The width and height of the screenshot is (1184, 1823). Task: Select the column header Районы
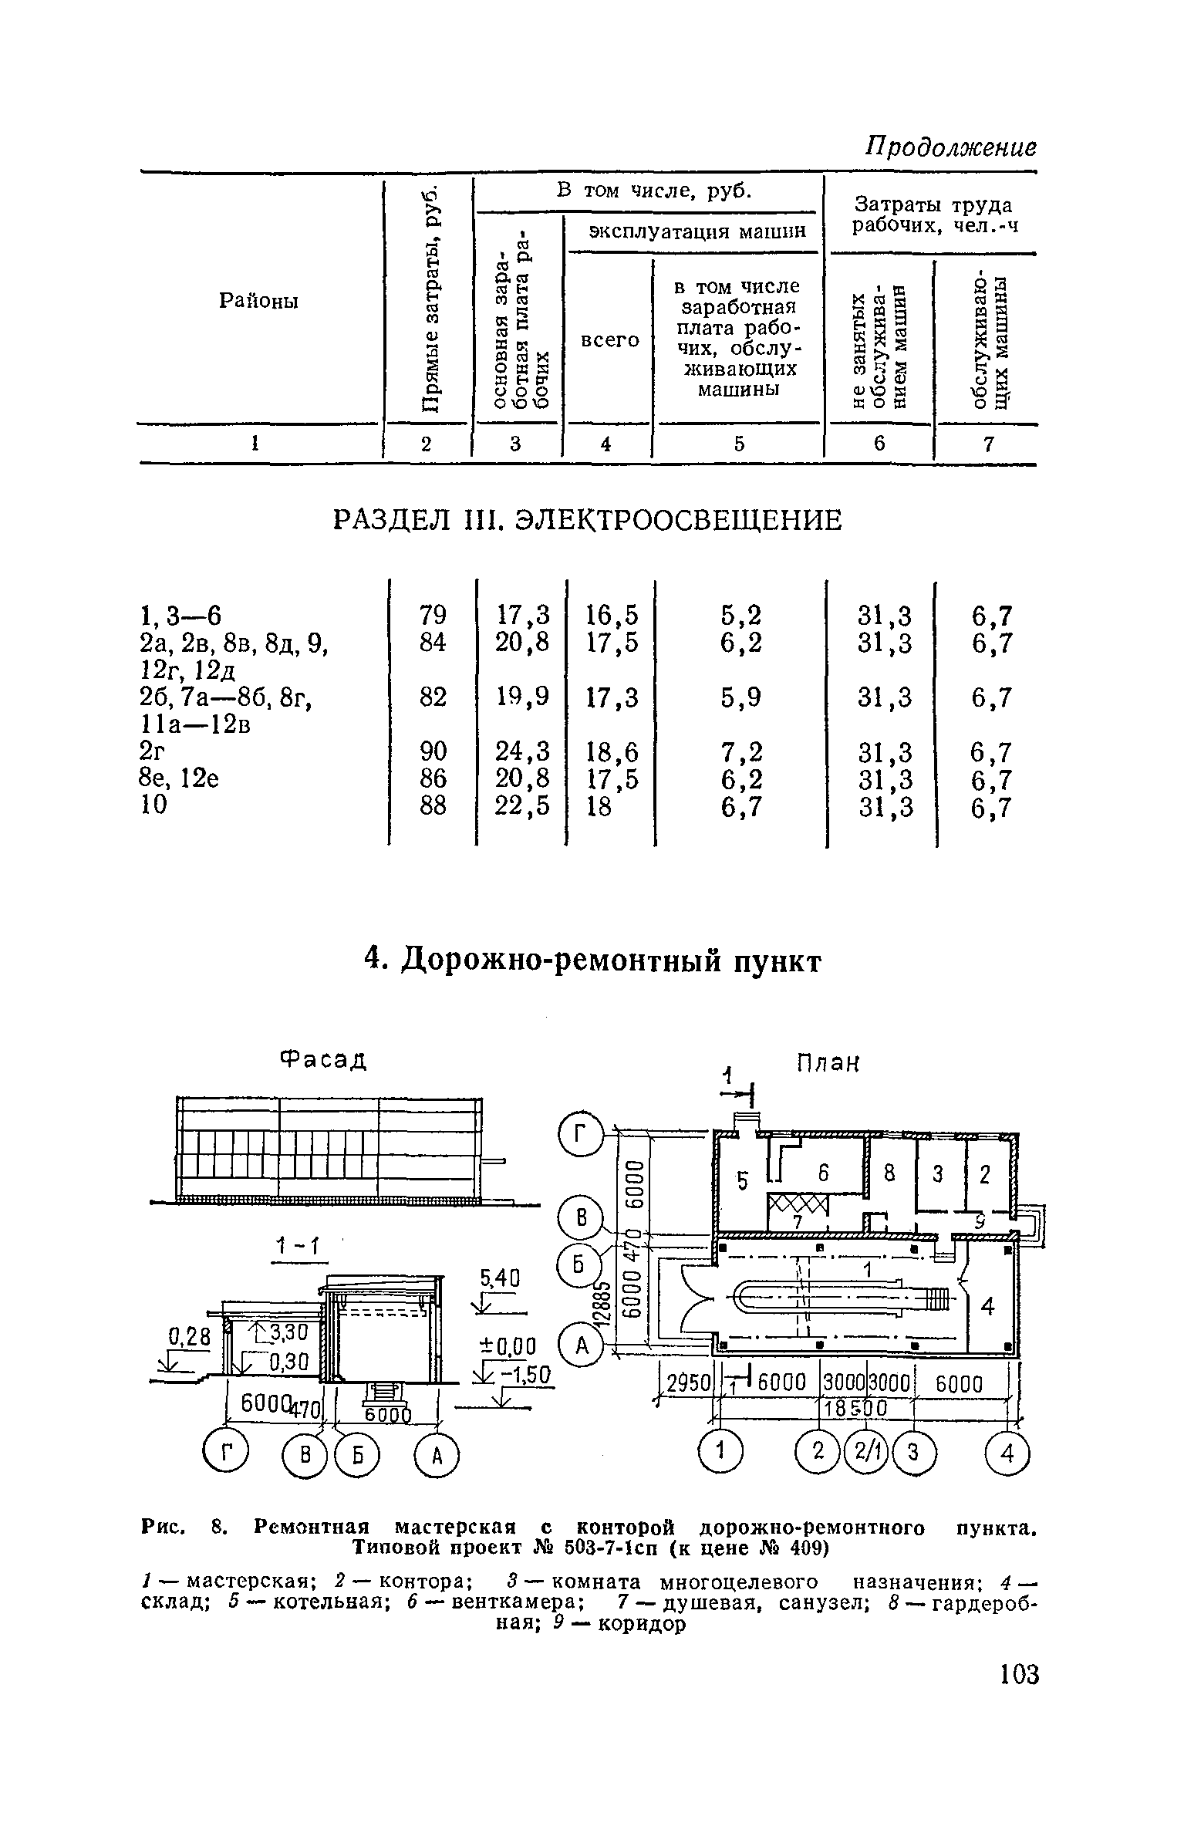tap(258, 301)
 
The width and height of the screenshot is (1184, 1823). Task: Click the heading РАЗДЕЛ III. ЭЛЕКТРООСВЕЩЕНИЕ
tap(587, 522)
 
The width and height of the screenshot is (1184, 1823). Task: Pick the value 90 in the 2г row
tap(433, 751)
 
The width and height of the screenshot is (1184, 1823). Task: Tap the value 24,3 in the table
tap(524, 751)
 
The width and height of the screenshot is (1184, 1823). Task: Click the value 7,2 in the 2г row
tap(741, 751)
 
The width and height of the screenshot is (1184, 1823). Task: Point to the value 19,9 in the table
tap(524, 697)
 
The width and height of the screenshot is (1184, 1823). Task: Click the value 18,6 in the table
tap(612, 751)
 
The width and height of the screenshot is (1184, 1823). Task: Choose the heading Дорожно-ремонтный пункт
tap(592, 962)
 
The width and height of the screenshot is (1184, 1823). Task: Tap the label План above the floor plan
tap(827, 1064)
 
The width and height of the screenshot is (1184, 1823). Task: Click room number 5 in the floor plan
tap(743, 1181)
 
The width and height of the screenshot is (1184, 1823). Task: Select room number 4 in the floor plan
tap(987, 1307)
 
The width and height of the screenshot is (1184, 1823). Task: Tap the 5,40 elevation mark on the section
tap(500, 1278)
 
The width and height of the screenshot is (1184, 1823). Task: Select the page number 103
tap(1018, 1675)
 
